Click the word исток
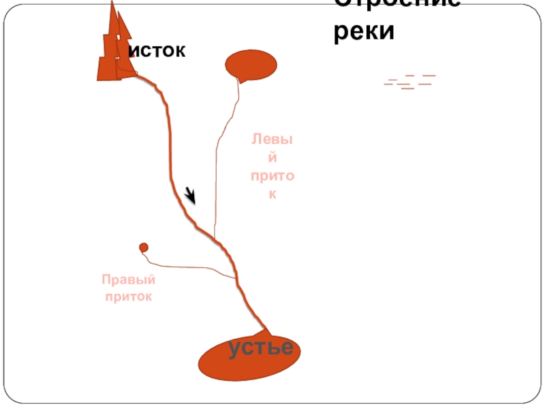[x=157, y=50]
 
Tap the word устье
[x=261, y=348]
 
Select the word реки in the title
[x=364, y=31]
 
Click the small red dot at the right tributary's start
[x=144, y=247]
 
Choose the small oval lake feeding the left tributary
[x=251, y=65]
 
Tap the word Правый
[x=129, y=280]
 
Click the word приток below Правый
[x=129, y=297]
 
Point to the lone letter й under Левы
[x=272, y=158]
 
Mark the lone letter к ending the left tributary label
[x=272, y=194]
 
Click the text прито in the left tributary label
[x=272, y=177]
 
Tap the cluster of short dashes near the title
[x=409, y=82]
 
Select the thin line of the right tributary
[x=191, y=265]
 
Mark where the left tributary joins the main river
[x=215, y=239]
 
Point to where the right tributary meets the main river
[x=236, y=278]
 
